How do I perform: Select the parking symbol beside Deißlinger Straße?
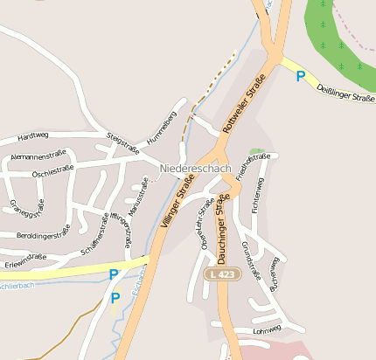(x=301, y=77)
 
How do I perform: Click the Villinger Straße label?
(x=178, y=200)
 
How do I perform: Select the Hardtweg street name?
(x=32, y=136)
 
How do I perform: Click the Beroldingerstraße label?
(x=43, y=235)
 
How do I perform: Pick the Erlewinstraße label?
(x=24, y=258)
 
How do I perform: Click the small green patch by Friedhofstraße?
(x=254, y=152)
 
